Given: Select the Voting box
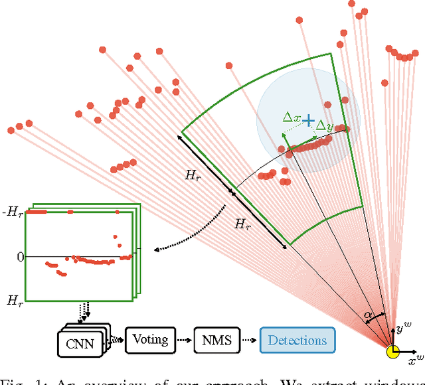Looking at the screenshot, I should (x=150, y=340).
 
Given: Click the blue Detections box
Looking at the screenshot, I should (x=297, y=341).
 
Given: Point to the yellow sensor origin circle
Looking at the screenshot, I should (x=394, y=351).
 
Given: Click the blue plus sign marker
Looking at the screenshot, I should (x=308, y=121).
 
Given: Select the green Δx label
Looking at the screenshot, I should (x=292, y=117).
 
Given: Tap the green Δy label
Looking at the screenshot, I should (x=325, y=126).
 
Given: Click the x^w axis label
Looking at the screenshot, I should (x=415, y=360).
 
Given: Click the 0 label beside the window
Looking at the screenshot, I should (x=19, y=256).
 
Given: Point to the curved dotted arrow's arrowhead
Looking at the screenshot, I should (x=155, y=250).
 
